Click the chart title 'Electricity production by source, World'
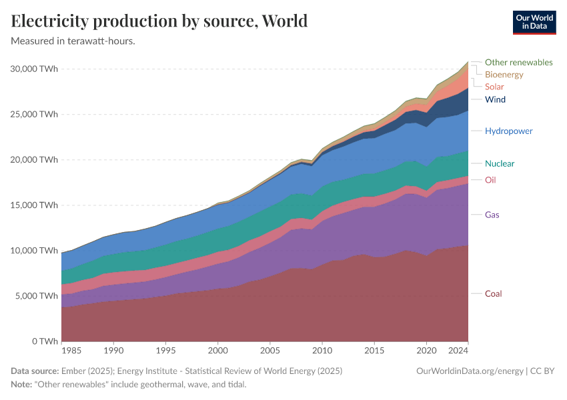tap(159, 21)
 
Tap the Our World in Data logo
tap(534, 22)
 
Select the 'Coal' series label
tap(493, 294)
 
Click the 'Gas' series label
tap(492, 215)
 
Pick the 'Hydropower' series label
tap(508, 131)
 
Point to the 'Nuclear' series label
tap(500, 163)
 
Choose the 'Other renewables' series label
tap(518, 62)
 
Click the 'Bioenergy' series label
tap(504, 75)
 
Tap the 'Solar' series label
tap(494, 87)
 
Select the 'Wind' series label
tap(495, 99)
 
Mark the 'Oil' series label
tap(490, 180)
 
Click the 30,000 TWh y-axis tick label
tap(35, 69)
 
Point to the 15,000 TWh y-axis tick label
tap(35, 205)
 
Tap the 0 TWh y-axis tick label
tap(44, 341)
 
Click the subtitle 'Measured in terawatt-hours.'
tap(73, 41)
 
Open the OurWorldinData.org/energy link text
tap(470, 371)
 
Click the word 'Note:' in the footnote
tap(23, 385)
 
